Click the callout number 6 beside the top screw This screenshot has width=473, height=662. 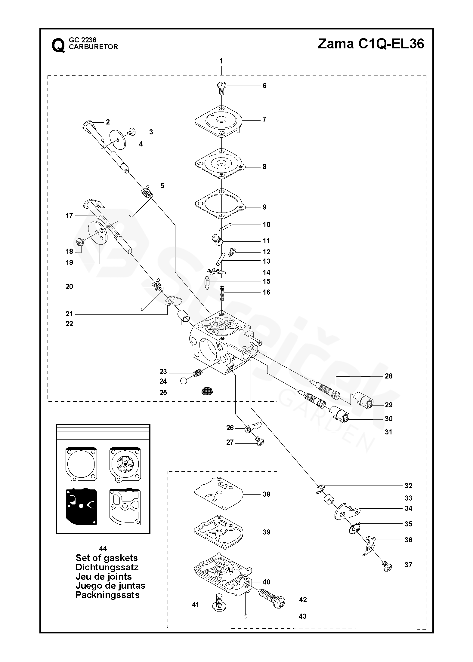point(264,86)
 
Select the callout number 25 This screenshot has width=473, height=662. point(163,393)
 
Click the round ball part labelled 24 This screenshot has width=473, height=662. point(184,381)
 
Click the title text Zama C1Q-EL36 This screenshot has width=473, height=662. point(371,44)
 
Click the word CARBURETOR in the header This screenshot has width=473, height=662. point(93,47)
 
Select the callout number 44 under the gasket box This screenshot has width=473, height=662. point(103,548)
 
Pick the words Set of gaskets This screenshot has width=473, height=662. point(107,558)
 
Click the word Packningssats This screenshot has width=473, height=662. point(107,595)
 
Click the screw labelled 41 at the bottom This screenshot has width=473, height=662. point(219,603)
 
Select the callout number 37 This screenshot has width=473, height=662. point(408,565)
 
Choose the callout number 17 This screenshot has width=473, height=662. point(69,216)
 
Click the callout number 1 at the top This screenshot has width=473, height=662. point(221,61)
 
